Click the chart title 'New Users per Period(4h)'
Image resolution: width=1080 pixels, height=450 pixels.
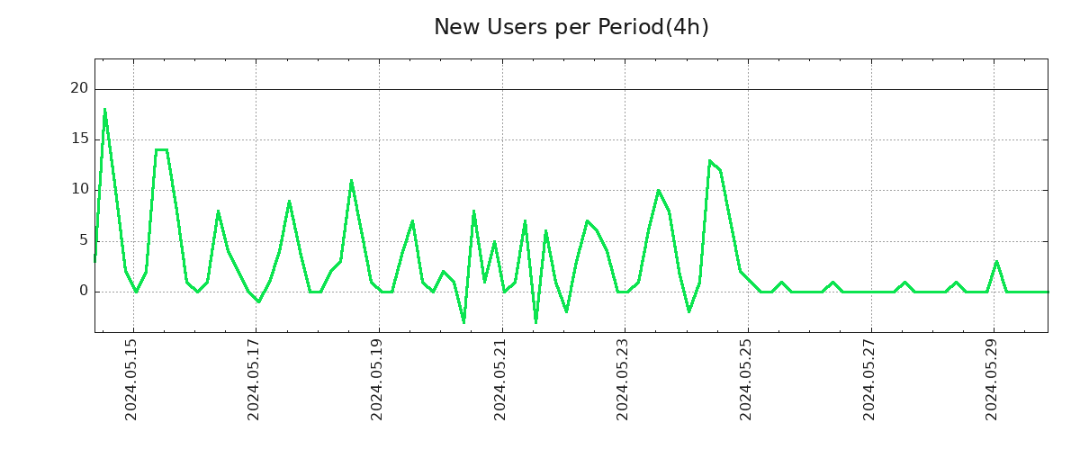(571, 28)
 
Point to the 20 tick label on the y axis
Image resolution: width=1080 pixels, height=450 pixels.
(79, 88)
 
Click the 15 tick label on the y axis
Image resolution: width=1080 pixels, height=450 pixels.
(79, 139)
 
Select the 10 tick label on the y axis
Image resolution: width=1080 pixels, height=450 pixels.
(79, 189)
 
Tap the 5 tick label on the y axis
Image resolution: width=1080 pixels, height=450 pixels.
(84, 240)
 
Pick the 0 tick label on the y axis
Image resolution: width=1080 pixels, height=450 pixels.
(84, 291)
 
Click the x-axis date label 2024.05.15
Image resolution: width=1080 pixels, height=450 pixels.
(131, 378)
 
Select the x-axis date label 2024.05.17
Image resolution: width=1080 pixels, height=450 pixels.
(255, 378)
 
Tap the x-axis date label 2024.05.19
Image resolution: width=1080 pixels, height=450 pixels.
(377, 378)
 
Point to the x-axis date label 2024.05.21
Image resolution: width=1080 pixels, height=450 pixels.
(500, 378)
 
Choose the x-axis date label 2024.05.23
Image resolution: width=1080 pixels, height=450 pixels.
(623, 378)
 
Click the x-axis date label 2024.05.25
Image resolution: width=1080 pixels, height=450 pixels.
(746, 378)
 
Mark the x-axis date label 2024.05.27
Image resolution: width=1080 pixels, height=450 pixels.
(869, 378)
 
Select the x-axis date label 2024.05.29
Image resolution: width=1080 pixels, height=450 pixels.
(992, 378)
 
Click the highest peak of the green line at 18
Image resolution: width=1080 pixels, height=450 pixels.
(104, 110)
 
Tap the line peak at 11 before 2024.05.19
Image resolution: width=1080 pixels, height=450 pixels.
(351, 180)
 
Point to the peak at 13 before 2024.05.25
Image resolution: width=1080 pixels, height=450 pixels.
(710, 160)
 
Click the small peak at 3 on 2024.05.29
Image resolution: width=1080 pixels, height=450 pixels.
(996, 261)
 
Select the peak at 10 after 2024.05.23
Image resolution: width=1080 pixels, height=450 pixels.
(659, 190)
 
